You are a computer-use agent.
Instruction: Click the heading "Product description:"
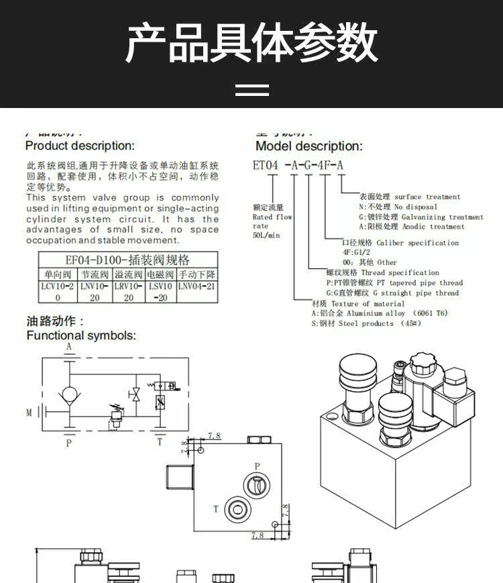80,146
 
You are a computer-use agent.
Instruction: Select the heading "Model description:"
309,146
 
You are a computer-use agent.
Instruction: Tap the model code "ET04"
266,165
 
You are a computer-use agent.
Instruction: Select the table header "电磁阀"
161,275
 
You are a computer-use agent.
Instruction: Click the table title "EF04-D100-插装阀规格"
127,260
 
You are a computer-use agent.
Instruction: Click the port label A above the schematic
68,347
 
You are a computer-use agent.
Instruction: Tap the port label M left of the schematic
29,412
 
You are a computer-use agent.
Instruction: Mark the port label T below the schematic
160,442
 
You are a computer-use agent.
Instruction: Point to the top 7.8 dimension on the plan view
214,436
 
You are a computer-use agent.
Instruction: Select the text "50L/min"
266,236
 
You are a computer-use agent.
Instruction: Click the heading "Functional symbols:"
80,335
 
